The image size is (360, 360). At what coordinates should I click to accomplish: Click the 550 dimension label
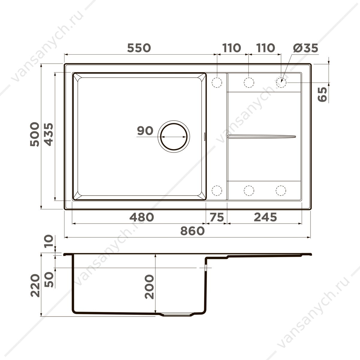click(x=139, y=48)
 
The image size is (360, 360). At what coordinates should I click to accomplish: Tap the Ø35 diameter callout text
click(x=305, y=48)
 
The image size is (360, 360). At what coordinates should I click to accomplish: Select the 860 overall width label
click(x=192, y=231)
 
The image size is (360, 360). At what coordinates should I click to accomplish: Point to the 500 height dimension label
click(x=35, y=134)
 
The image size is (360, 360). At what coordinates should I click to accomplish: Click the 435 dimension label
click(x=49, y=134)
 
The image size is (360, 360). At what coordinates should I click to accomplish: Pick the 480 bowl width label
click(x=142, y=217)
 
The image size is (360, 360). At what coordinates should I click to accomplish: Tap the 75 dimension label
click(x=217, y=217)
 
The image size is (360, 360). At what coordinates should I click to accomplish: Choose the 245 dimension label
click(x=265, y=217)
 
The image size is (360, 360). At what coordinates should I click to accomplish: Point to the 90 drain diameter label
click(x=145, y=130)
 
